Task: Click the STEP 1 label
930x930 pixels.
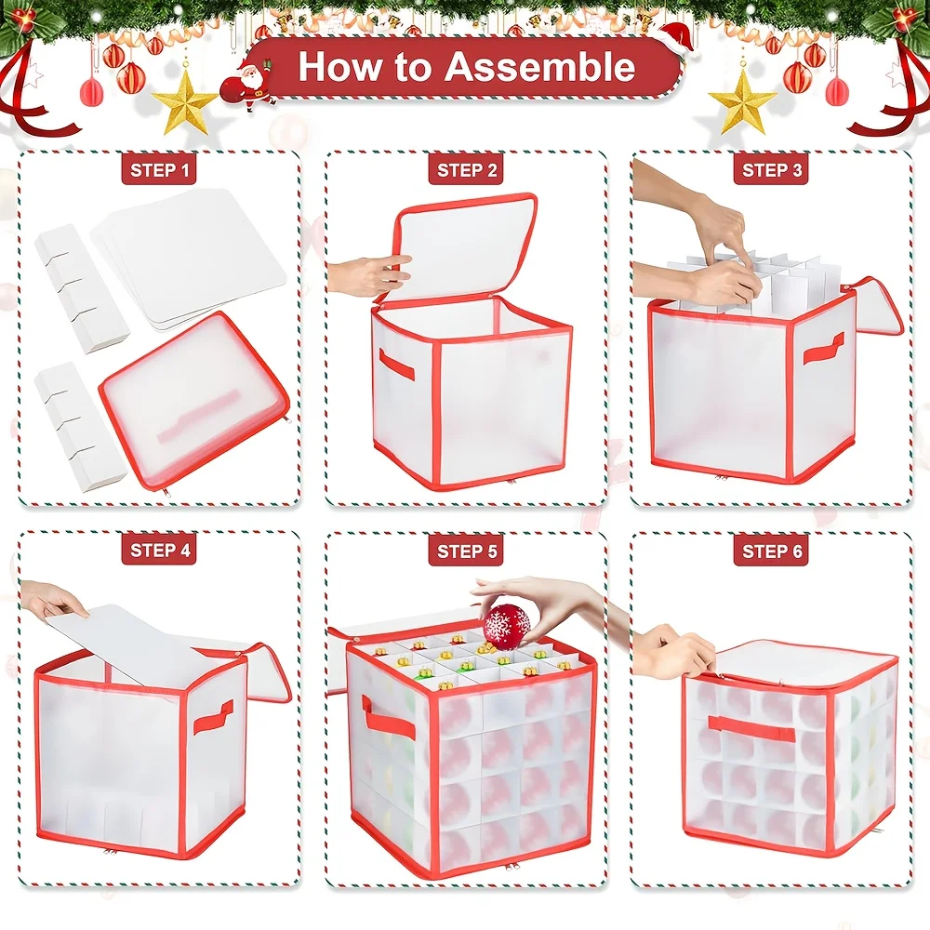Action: [159, 170]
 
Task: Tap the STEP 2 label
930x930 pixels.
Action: [466, 170]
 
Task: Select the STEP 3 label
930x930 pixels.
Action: [772, 170]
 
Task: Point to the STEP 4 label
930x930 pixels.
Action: [159, 550]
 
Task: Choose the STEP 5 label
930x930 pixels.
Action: [466, 551]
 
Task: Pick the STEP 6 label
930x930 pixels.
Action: [772, 551]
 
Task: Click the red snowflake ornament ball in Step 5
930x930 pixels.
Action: [507, 626]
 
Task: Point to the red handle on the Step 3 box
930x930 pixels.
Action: [823, 348]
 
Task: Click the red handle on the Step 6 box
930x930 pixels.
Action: [751, 727]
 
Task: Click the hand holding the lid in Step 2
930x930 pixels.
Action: [367, 275]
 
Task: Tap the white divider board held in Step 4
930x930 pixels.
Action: [139, 641]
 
